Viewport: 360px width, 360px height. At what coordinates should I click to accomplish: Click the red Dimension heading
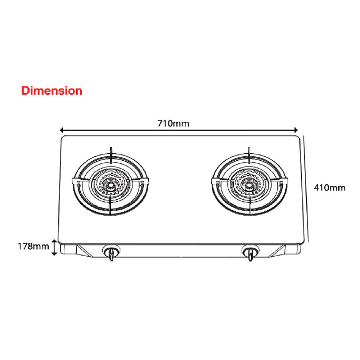[x=51, y=90]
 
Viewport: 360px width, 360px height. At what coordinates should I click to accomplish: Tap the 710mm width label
[x=173, y=123]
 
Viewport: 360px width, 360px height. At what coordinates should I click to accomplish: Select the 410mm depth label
[x=329, y=188]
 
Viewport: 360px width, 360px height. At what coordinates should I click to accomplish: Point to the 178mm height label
[x=33, y=247]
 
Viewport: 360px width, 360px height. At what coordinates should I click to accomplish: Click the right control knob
[x=249, y=252]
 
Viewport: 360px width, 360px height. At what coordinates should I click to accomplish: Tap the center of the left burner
[x=110, y=186]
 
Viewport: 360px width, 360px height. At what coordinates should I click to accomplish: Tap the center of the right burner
[x=248, y=186]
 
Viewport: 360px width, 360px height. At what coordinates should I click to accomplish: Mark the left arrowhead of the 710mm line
[x=62, y=130]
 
